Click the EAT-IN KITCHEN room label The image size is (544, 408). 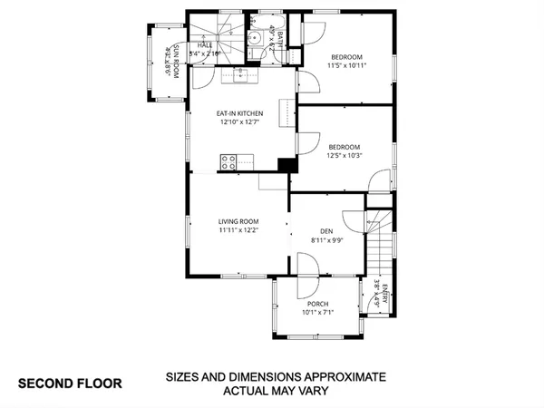[x=239, y=113]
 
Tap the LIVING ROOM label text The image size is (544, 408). [x=238, y=221]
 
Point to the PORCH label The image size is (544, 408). [x=317, y=304]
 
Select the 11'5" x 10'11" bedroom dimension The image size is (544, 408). [x=346, y=65]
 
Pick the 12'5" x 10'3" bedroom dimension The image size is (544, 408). [x=345, y=156]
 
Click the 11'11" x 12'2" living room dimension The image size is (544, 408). [x=238, y=230]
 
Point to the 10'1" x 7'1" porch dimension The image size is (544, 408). [x=317, y=313]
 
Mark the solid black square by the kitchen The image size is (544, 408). [x=287, y=166]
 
